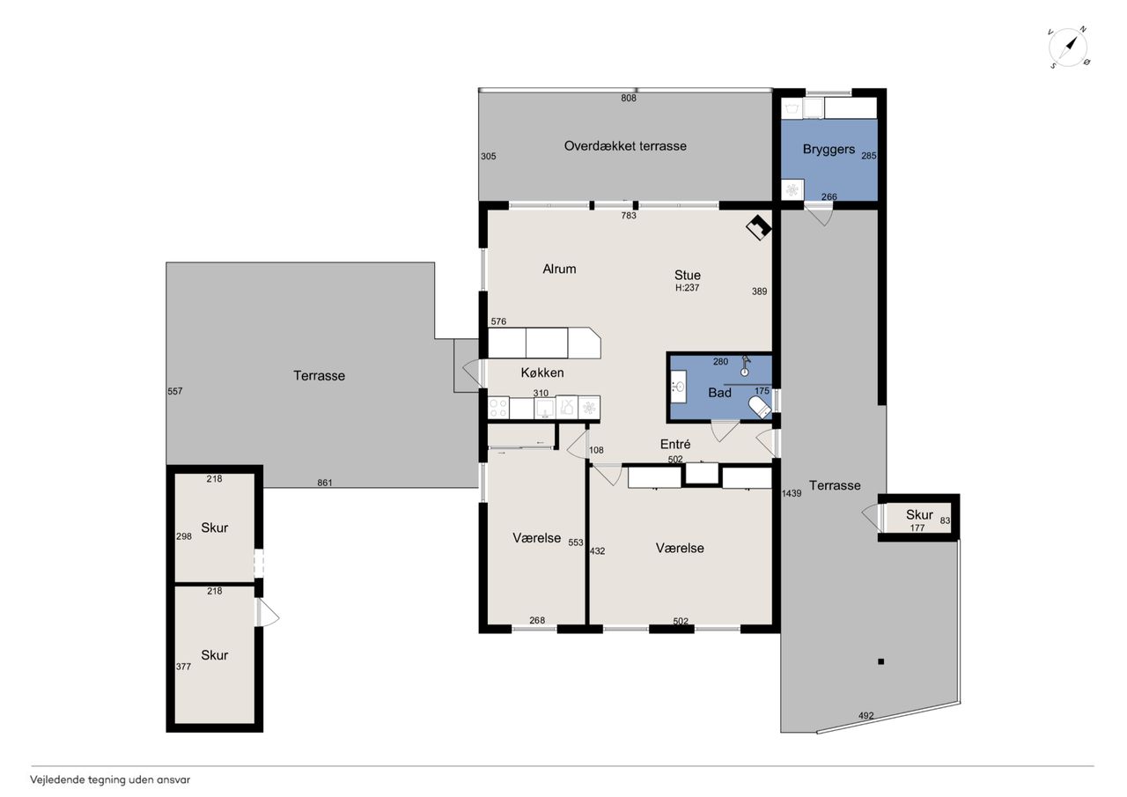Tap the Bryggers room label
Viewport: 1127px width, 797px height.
click(829, 150)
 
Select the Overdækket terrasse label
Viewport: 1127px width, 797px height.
click(625, 146)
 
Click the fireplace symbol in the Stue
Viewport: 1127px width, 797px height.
click(759, 227)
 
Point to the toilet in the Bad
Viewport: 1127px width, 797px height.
click(760, 407)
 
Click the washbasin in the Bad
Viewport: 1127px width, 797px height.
click(677, 387)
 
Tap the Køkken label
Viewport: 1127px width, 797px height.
click(541, 373)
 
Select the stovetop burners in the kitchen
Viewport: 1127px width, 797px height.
click(498, 408)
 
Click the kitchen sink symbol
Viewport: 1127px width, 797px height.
click(545, 408)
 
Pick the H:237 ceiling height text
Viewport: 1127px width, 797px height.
click(687, 288)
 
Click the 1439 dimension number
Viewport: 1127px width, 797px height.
click(792, 493)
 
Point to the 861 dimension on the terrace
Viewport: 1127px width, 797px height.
click(325, 483)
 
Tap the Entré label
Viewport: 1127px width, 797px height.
click(675, 444)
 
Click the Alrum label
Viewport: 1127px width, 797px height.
click(559, 269)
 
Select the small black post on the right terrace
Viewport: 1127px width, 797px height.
click(881, 661)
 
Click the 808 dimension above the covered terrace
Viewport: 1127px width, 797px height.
click(629, 98)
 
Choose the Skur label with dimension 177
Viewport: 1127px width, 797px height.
click(919, 514)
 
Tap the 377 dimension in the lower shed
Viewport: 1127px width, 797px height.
click(183, 667)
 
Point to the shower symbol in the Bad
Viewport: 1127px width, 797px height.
click(745, 365)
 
